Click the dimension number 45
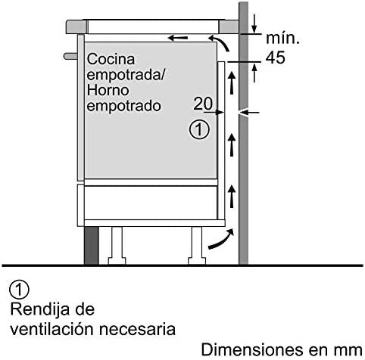[x=276, y=57]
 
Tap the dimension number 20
[x=203, y=104]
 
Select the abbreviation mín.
[x=283, y=39]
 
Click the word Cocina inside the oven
[x=111, y=59]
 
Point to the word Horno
[x=108, y=90]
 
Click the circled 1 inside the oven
[x=199, y=129]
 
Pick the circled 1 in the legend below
[x=19, y=290]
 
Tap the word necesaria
[x=137, y=329]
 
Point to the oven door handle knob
[x=70, y=56]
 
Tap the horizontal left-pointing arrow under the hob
[x=178, y=38]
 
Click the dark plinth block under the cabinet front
[x=92, y=245]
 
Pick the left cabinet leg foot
[x=117, y=261]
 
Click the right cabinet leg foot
[x=197, y=261]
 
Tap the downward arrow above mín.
[x=254, y=23]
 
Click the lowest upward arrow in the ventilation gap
[x=232, y=197]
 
